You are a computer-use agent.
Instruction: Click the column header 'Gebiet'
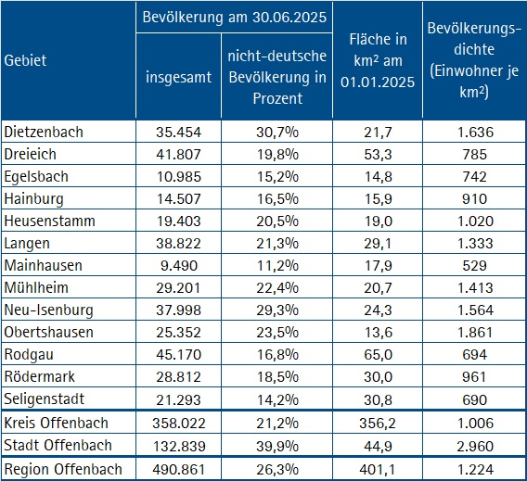click(26, 60)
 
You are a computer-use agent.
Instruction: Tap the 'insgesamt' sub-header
click(177, 77)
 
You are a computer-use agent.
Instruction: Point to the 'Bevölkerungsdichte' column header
click(473, 51)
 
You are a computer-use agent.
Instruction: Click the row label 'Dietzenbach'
click(44, 132)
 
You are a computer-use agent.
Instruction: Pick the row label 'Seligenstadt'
click(45, 399)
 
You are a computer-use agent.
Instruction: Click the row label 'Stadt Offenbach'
click(58, 446)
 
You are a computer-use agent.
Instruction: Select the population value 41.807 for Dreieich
click(177, 154)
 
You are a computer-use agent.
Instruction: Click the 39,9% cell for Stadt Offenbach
click(278, 446)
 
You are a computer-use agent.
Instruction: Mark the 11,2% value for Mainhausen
click(278, 265)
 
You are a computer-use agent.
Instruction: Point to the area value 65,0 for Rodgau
click(377, 354)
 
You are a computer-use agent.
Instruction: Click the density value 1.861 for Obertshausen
click(474, 332)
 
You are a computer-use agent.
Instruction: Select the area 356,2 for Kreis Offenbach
click(377, 424)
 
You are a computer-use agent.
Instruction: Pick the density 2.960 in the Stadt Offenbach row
click(474, 446)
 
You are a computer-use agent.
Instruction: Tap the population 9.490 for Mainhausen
click(177, 265)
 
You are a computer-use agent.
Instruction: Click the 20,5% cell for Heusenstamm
click(278, 221)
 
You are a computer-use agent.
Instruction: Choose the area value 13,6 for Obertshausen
click(377, 332)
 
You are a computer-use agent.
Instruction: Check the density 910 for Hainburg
click(474, 198)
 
